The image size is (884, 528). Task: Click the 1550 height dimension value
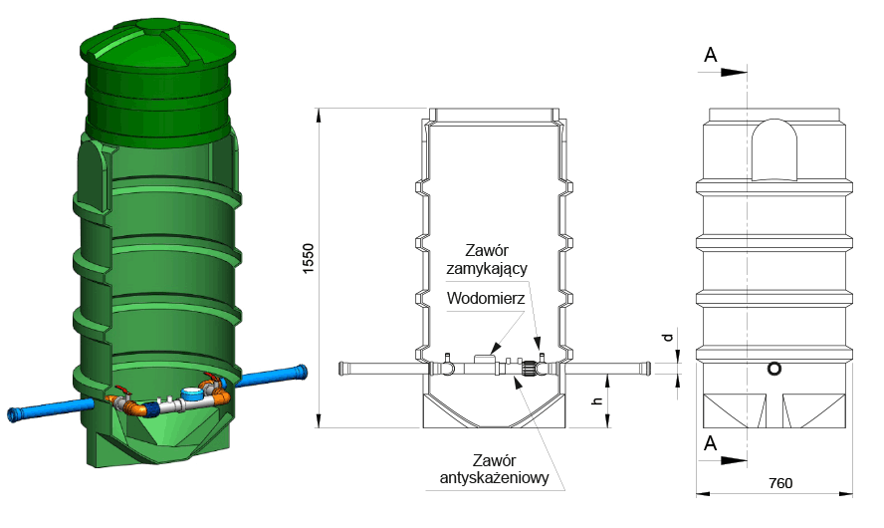308,259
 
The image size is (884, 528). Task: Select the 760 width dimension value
780,483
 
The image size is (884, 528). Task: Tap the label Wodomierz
486,298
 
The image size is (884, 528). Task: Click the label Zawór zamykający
487,259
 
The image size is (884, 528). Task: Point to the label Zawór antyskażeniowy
495,469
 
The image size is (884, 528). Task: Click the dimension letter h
597,401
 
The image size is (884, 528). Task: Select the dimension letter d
668,338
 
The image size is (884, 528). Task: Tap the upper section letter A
711,55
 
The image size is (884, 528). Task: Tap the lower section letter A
711,443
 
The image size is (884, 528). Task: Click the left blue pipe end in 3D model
12,414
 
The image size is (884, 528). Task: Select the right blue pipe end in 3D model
303,373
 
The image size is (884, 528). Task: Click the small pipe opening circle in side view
774,369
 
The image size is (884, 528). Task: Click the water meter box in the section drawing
484,359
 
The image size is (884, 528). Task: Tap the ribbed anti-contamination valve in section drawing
529,369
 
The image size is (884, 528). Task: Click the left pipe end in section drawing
342,369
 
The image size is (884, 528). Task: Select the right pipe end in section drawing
647,369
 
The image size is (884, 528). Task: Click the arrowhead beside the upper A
734,72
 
